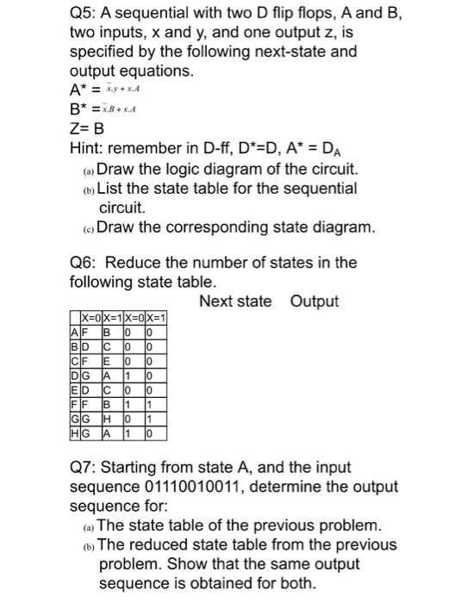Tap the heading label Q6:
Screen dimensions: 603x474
pyautogui.click(x=87, y=262)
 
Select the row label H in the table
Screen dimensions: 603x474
pyautogui.click(x=75, y=435)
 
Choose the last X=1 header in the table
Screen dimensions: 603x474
pyautogui.click(x=155, y=316)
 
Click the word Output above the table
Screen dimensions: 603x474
pyautogui.click(x=315, y=301)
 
